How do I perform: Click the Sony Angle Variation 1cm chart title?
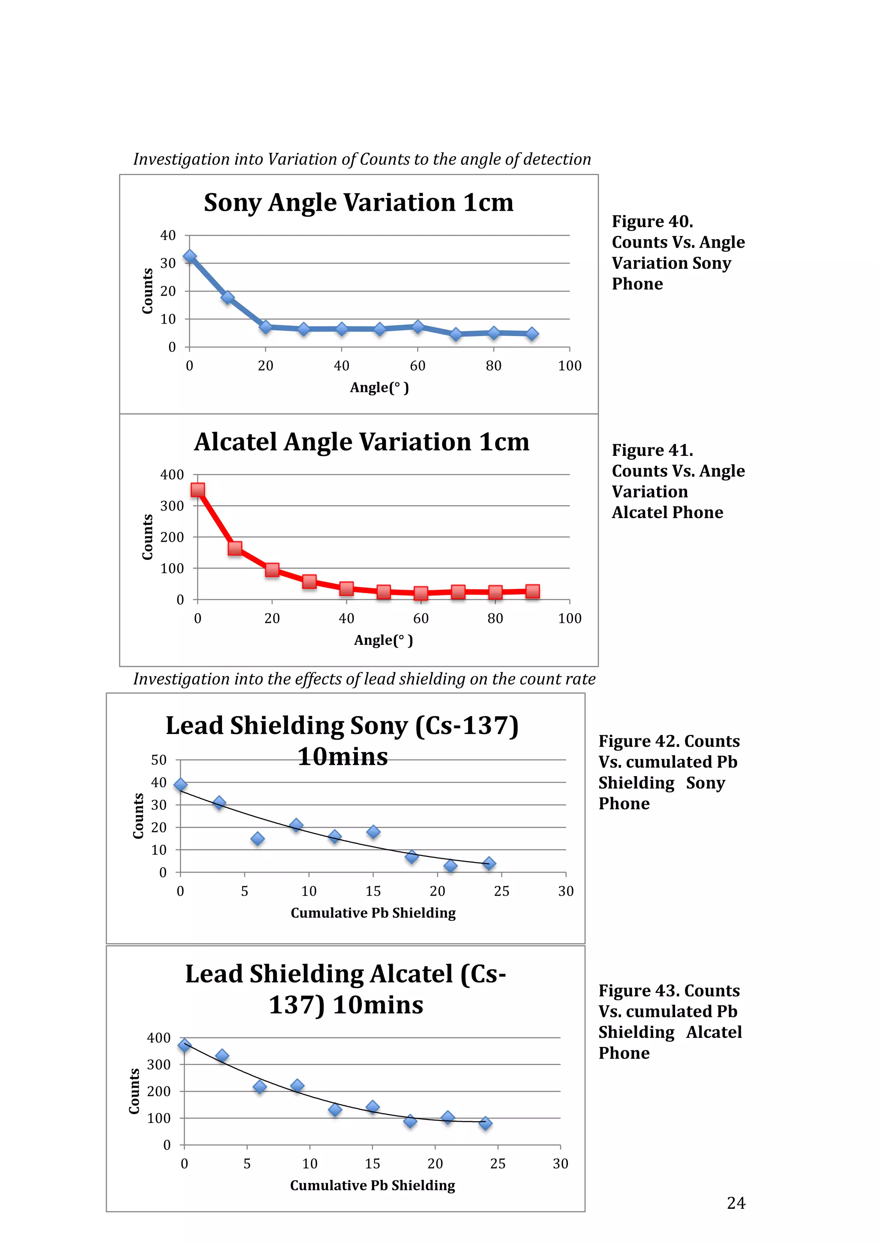[358, 203]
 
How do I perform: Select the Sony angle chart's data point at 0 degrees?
[190, 257]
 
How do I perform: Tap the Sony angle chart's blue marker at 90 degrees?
[532, 334]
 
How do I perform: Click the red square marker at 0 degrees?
[198, 490]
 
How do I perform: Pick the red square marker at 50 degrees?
[383, 592]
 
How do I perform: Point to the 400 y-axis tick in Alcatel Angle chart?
[172, 475]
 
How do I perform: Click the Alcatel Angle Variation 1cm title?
[361, 442]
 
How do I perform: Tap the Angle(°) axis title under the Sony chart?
[379, 387]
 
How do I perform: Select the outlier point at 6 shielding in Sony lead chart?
[258, 839]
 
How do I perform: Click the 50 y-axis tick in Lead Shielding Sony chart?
[159, 760]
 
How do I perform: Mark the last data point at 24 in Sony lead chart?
[489, 864]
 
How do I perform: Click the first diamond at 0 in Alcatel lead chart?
[185, 1045]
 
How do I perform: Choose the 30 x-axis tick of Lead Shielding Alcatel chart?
[560, 1163]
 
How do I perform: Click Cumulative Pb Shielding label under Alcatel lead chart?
[372, 1186]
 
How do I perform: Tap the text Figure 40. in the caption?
[652, 221]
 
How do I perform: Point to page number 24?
[736, 1203]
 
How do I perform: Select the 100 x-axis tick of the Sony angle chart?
[569, 366]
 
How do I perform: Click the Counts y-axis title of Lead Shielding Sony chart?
[139, 816]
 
